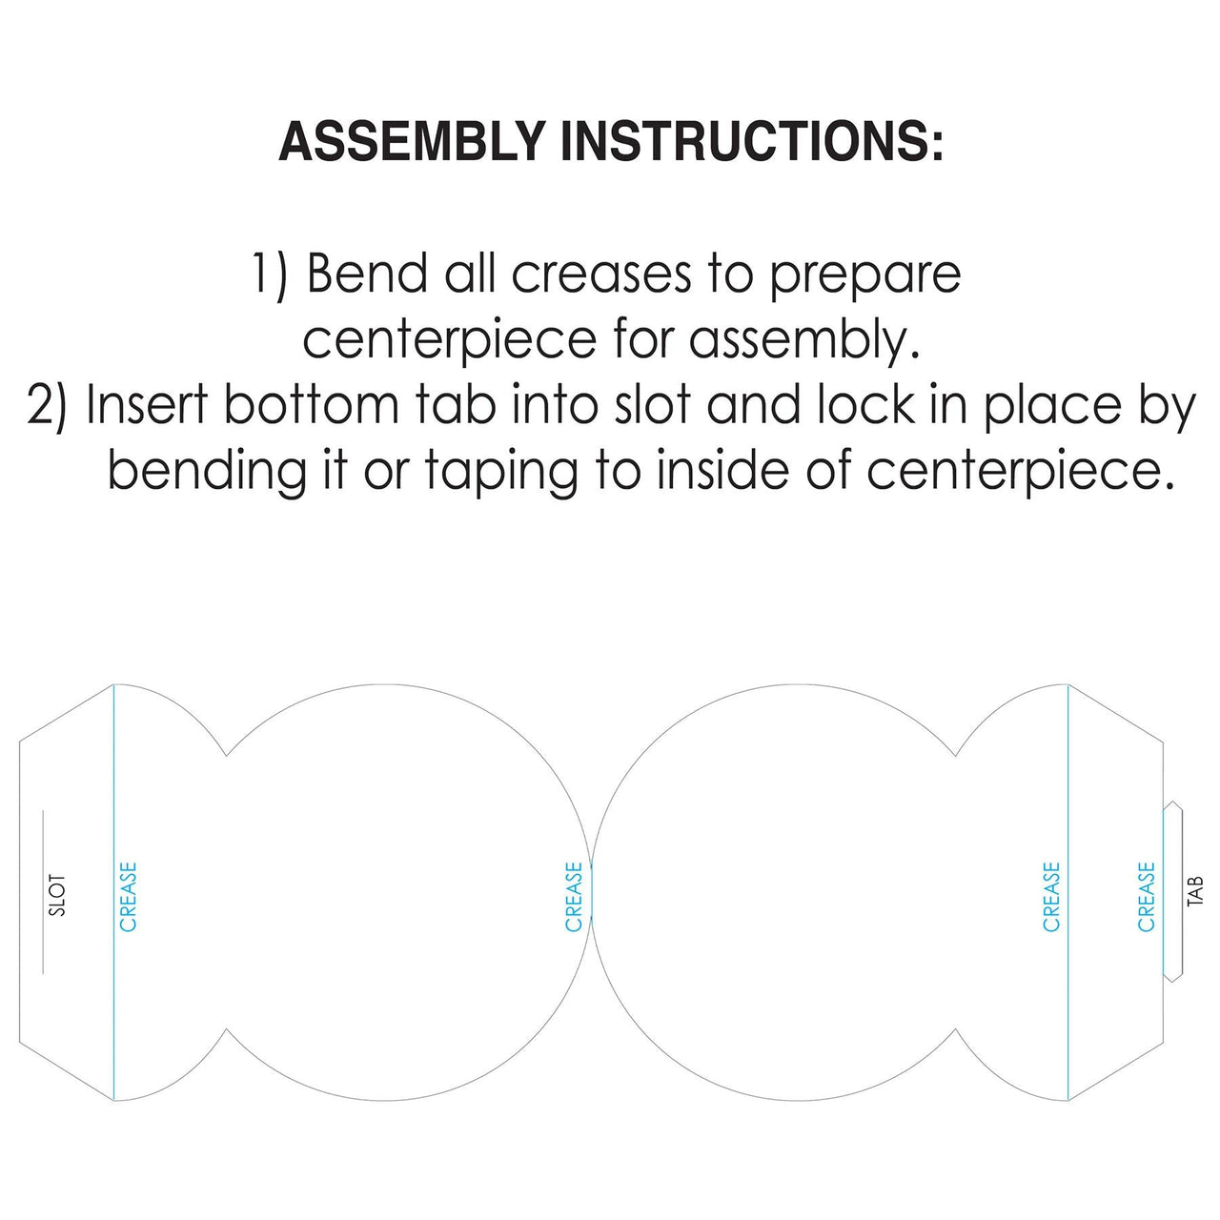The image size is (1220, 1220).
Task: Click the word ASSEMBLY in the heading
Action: click(412, 140)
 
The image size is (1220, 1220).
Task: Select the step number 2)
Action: click(47, 407)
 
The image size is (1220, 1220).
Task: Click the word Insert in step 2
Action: click(147, 405)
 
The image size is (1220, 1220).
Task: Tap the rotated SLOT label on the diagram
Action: click(57, 895)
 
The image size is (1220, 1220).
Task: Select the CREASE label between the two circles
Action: click(574, 897)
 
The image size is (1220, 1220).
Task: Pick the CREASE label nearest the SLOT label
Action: click(129, 897)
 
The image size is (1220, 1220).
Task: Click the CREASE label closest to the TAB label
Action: click(1147, 897)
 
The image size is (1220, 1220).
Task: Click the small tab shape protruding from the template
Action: click(1173, 891)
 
